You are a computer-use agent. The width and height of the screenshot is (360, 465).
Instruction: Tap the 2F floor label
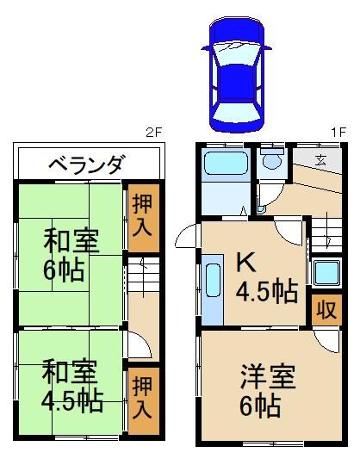(x=152, y=132)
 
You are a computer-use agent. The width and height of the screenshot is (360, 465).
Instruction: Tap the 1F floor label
(x=338, y=132)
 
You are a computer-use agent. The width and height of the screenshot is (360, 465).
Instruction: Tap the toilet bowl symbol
(x=273, y=160)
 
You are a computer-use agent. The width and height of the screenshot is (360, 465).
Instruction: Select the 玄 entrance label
(x=320, y=158)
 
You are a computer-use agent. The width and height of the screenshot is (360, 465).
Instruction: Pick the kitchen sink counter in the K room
(x=213, y=285)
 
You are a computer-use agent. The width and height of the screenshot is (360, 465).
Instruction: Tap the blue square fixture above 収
(x=326, y=273)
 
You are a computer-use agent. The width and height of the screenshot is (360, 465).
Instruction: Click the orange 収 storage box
(x=326, y=309)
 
